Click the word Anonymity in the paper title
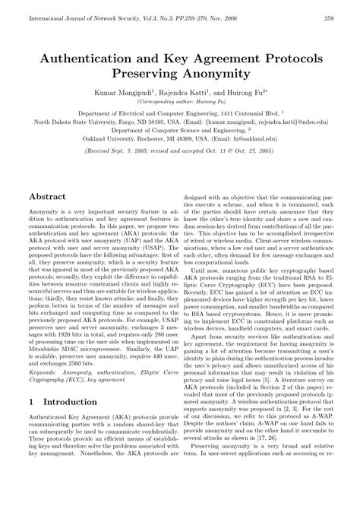tap(216, 74)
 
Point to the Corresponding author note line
tap(180, 101)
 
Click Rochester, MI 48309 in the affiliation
tap(159, 138)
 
